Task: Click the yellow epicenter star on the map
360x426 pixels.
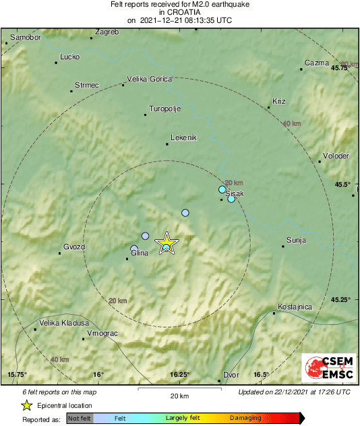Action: coord(166,243)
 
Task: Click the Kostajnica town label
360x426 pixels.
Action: coord(295,307)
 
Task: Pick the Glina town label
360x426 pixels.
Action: coord(139,253)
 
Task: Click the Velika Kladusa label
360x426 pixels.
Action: coord(63,323)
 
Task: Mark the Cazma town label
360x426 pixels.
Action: coord(316,63)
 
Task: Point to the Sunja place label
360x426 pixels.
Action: coord(296,240)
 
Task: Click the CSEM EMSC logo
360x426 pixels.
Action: coord(325,368)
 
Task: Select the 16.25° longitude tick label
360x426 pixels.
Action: coord(179,375)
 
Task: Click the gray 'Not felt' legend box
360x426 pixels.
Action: coord(79,418)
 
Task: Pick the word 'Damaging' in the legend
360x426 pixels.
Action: coord(245,418)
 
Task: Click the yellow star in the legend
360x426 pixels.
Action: coord(26,405)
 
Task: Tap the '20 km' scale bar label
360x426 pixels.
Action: coord(179,395)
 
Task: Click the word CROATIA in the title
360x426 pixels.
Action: coord(179,12)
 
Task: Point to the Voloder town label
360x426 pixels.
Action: coord(336,156)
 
